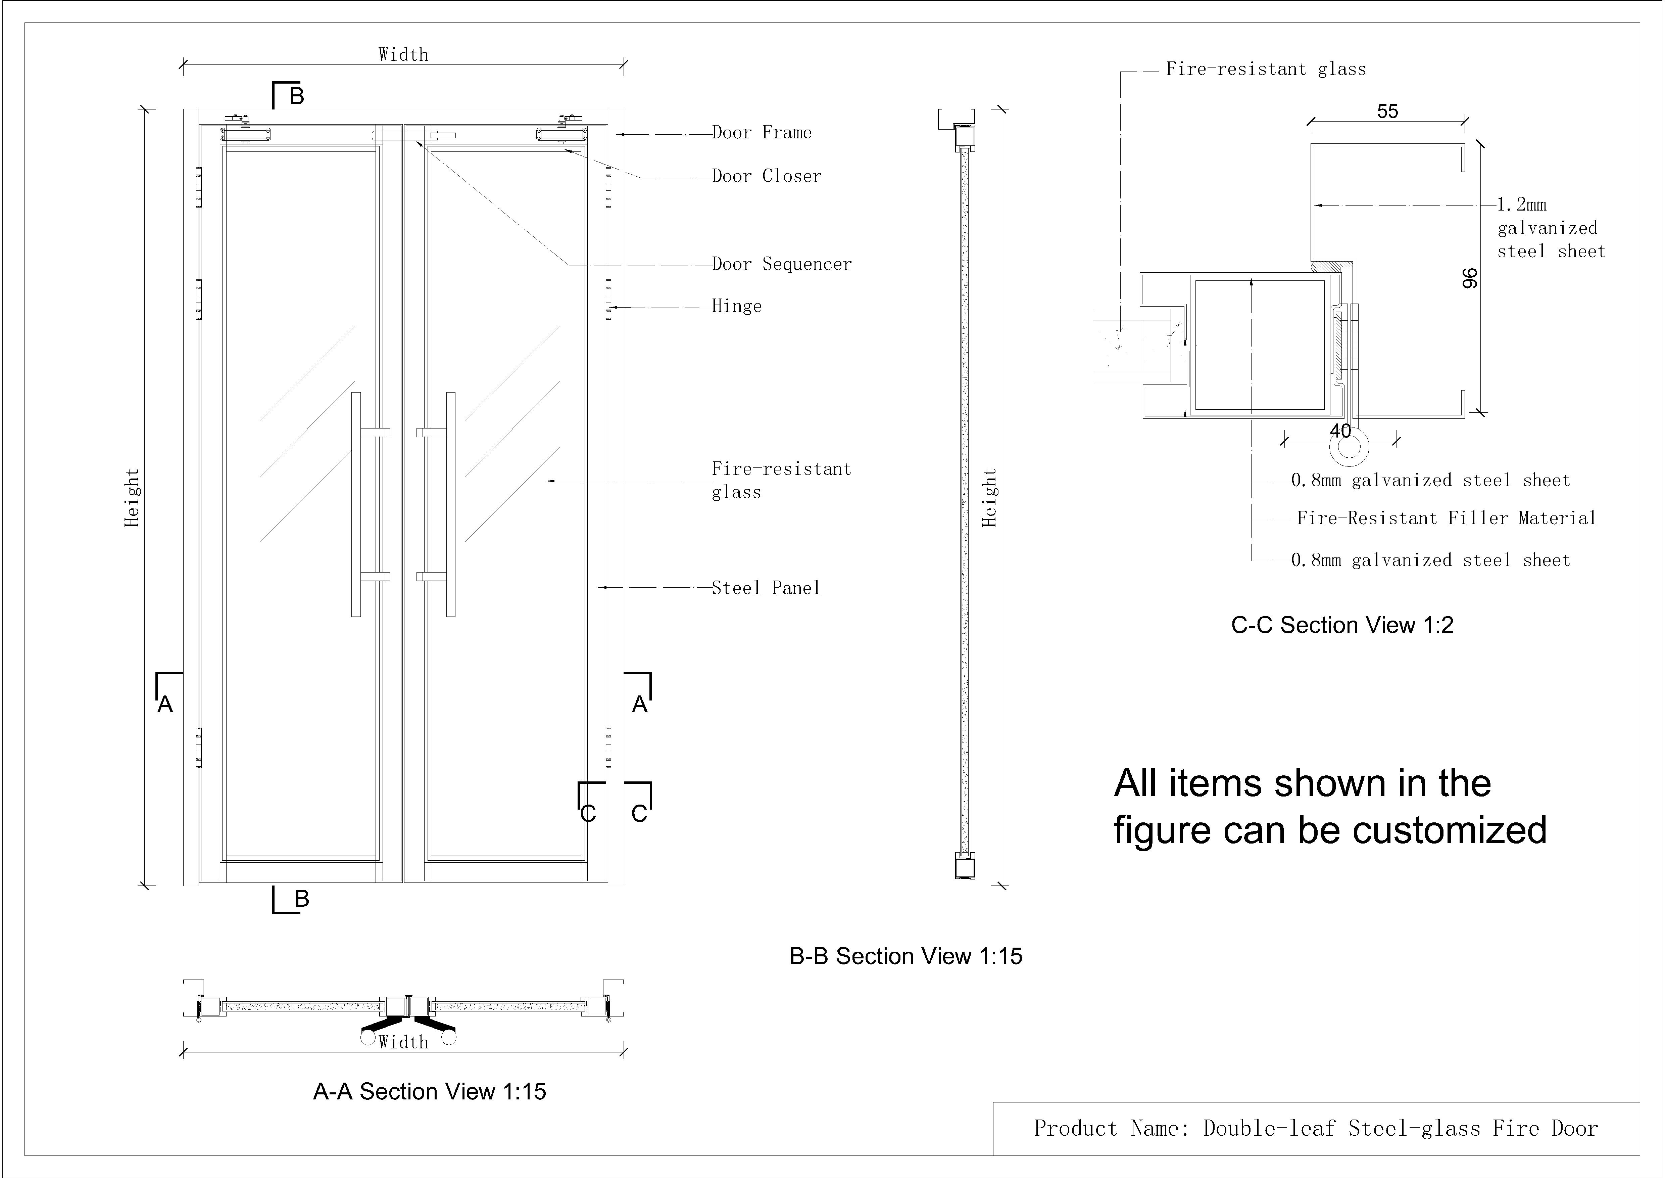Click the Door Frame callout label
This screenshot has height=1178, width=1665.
(762, 133)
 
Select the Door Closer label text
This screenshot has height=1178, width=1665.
(767, 176)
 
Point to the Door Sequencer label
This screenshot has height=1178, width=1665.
(782, 264)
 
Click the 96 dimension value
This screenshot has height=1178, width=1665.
(1469, 278)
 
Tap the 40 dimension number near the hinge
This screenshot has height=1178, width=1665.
(1340, 431)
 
